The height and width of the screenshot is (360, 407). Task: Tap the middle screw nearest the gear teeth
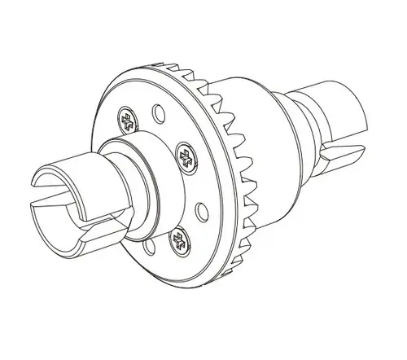186,156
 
